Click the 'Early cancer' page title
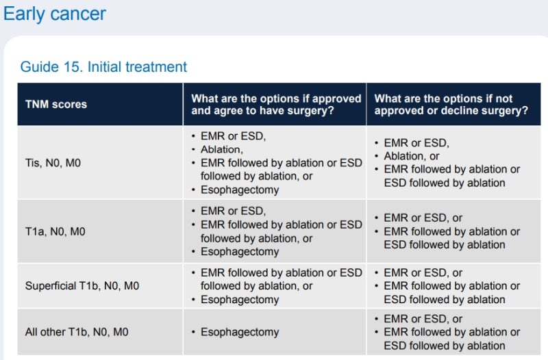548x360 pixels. coord(54,14)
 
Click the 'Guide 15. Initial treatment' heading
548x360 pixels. coord(103,66)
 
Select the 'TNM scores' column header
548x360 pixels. coord(56,104)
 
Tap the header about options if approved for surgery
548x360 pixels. coord(276,105)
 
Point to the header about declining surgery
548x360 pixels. coord(451,105)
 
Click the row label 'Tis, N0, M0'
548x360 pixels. coord(53,163)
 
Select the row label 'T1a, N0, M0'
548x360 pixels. coord(55,231)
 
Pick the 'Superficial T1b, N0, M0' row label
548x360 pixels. coord(82,285)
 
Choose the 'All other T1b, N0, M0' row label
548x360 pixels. coord(77,332)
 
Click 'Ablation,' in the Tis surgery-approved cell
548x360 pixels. coord(221,149)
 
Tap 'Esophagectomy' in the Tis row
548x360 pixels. coord(240,190)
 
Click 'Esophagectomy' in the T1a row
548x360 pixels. coord(240,252)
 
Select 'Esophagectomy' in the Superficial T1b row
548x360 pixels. coord(240,300)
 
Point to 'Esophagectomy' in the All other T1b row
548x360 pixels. coord(240,332)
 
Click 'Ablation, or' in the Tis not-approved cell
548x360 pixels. coord(412,156)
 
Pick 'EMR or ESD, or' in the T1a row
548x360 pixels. coord(423,218)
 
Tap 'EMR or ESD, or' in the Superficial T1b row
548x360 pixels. coord(423,272)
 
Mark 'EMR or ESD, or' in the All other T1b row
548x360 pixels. coord(423,319)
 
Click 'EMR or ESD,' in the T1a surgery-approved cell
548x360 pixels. coord(233,211)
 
